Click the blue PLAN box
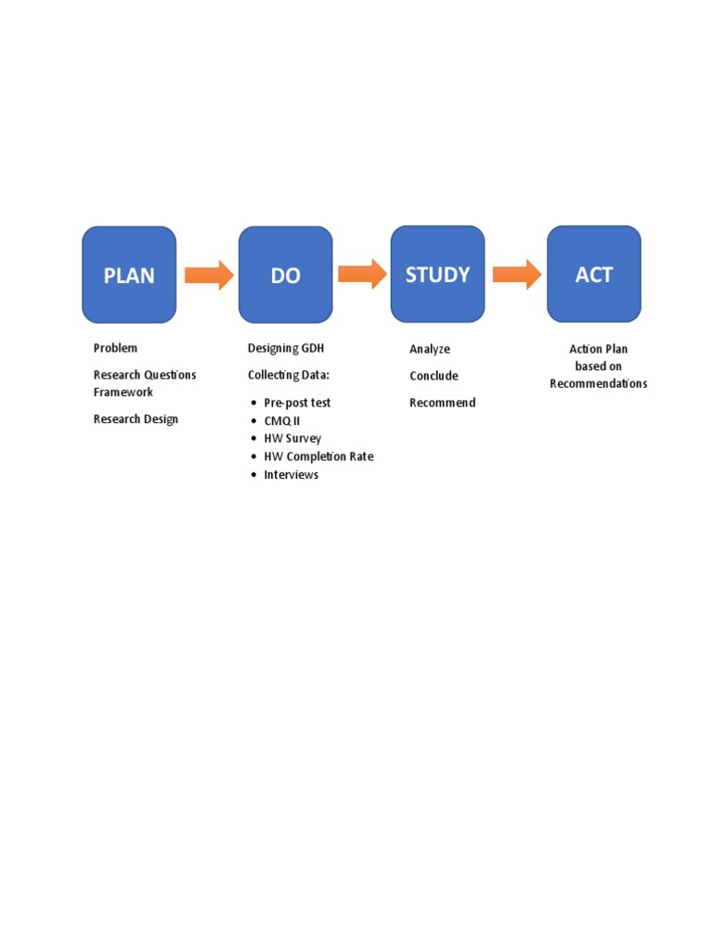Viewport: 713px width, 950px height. coord(129,275)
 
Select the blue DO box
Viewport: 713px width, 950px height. coord(285,275)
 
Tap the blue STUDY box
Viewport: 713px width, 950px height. coord(437,274)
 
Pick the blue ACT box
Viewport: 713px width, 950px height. coord(593,274)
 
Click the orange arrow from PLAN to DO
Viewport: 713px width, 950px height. coord(208,275)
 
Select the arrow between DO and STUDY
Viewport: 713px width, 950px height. coord(361,274)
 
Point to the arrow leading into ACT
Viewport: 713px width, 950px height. coord(516,274)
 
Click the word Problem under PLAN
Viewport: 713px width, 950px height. coord(115,348)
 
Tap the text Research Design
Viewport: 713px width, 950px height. coord(136,419)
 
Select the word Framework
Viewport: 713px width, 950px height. coord(123,392)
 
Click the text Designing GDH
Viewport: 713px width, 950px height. coord(286,348)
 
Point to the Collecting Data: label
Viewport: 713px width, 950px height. coord(289,375)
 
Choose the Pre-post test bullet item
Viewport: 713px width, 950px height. coord(297,403)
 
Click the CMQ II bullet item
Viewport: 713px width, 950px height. coord(282,420)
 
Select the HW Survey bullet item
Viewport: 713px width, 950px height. coord(292,438)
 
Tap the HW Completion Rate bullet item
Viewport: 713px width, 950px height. coord(318,456)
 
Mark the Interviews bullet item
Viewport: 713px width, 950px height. coord(291,475)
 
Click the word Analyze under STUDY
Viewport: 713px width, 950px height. coord(430,349)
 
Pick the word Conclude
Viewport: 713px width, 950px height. coord(434,376)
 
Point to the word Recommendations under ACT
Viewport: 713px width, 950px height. coord(598,384)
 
